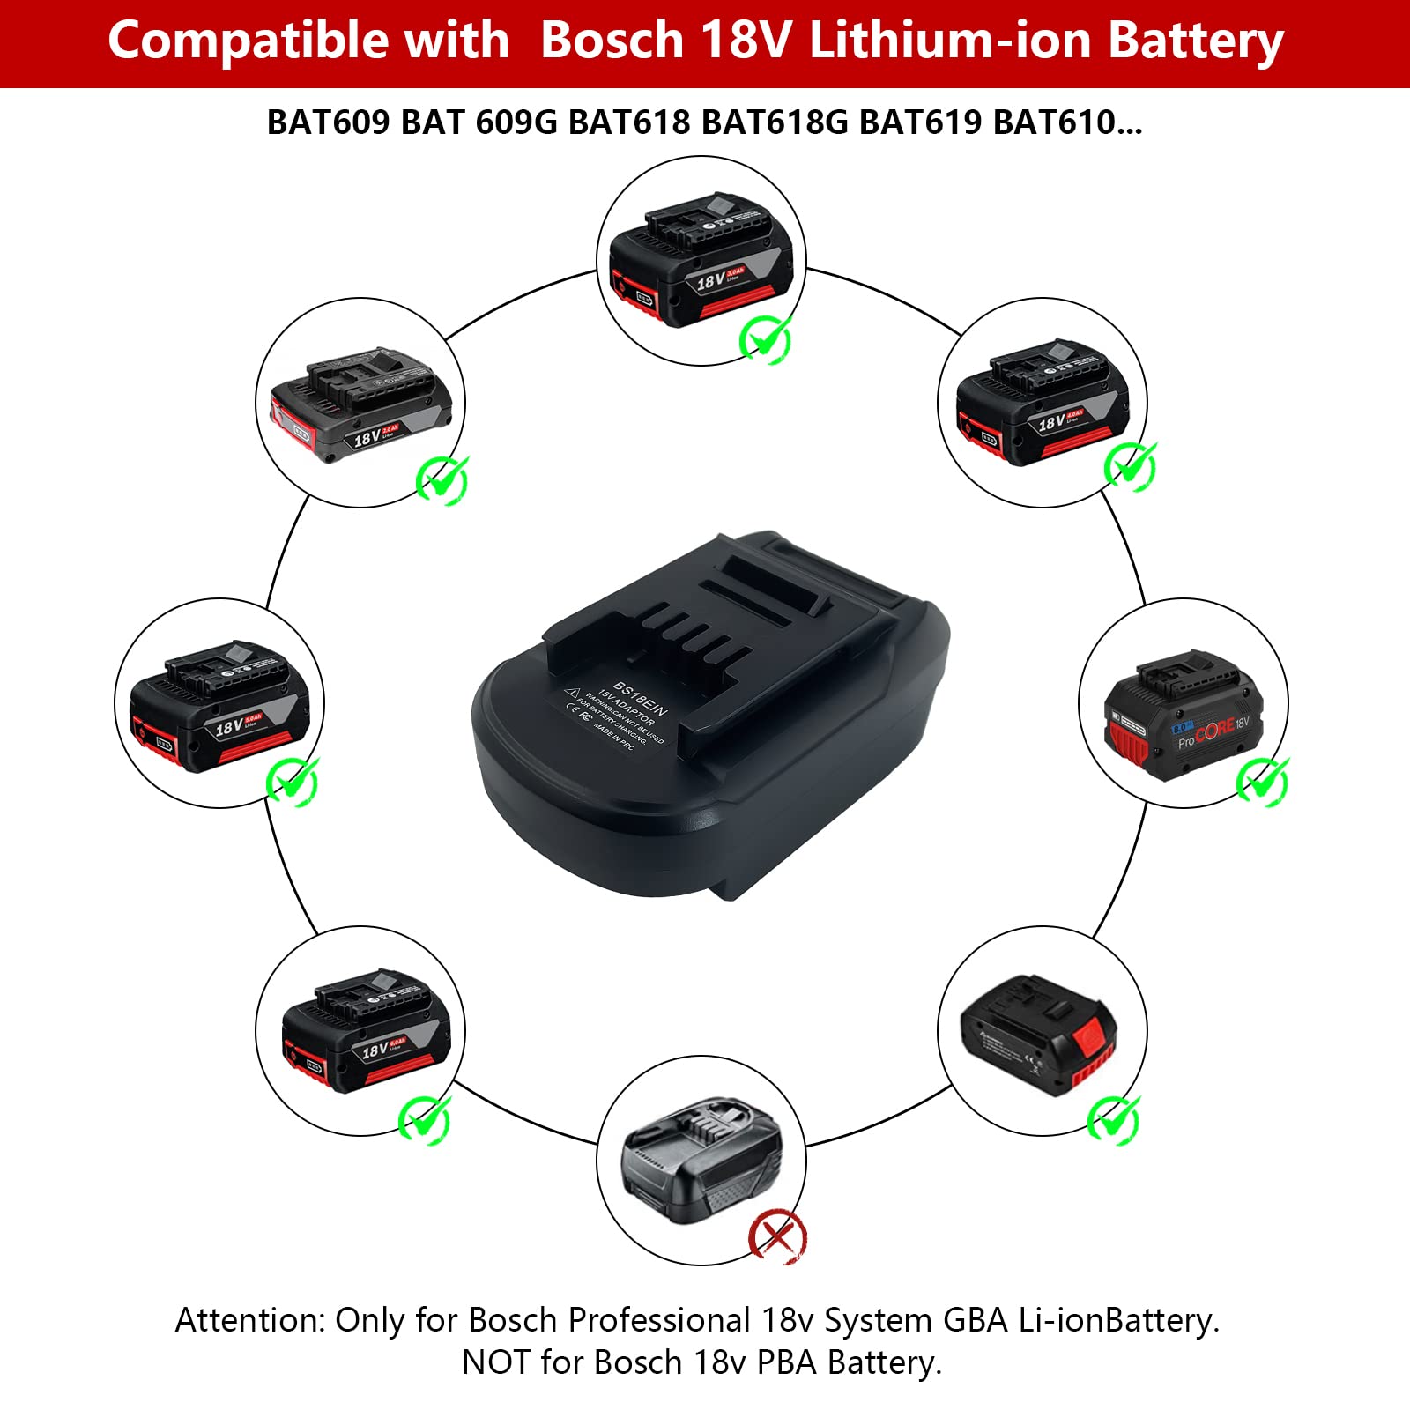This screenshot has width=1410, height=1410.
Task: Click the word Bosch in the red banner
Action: point(612,41)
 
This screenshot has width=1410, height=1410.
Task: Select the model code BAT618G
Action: point(775,122)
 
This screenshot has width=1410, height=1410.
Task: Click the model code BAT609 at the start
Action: point(328,122)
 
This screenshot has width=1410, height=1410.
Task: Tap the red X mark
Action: point(776,1236)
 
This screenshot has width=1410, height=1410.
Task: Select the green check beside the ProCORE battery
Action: point(1262,780)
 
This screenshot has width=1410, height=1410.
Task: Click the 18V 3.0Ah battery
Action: point(701,260)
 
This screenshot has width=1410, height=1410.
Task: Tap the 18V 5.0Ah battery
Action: point(219,705)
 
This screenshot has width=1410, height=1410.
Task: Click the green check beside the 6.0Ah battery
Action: point(425,1120)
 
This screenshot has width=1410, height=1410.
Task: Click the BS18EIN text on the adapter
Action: point(641,698)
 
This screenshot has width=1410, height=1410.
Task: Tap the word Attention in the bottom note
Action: point(250,1321)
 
